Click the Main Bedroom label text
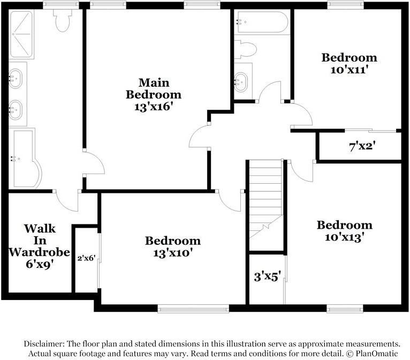click(153, 88)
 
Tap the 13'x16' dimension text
click(153, 107)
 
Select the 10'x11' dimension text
click(348, 69)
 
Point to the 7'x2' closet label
click(360, 146)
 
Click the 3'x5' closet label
click(267, 277)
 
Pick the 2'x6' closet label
click(86, 258)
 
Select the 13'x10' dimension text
click(173, 252)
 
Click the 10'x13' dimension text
click(344, 236)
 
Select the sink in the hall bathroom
click(242, 81)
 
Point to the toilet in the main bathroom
click(62, 21)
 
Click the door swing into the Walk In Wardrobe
click(67, 201)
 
